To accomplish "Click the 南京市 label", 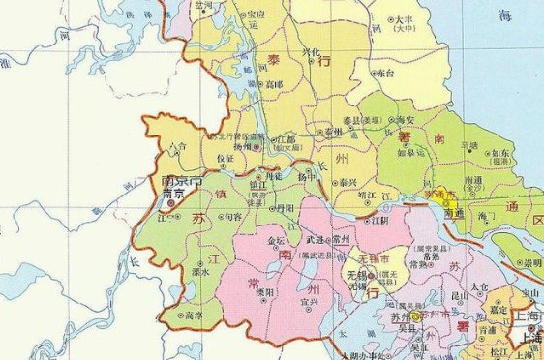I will pos(182,181).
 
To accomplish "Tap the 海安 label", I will pos(387,118).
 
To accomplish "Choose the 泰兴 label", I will pos(346,182).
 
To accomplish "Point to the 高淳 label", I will pos(194,315).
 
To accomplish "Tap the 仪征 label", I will pos(224,157).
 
